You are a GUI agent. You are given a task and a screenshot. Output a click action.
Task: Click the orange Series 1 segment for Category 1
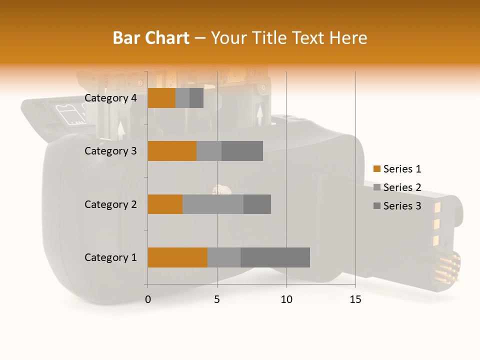pos(177,257)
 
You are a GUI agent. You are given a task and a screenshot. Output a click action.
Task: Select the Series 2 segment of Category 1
pos(224,257)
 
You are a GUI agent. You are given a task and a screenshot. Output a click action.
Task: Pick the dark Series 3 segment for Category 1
pos(275,257)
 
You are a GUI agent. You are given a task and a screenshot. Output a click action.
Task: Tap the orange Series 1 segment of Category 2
pos(165,204)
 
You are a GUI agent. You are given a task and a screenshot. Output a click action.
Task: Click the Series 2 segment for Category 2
pos(213,204)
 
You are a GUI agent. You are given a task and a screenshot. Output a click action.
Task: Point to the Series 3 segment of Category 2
pos(257,204)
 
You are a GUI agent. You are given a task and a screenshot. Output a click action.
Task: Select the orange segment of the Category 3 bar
pos(172,151)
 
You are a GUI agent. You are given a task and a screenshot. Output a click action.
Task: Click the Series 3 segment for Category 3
pos(242,151)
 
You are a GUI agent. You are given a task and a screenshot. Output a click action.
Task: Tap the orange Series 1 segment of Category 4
pos(161,98)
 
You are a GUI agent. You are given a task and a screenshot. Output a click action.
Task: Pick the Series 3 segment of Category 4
pos(196,98)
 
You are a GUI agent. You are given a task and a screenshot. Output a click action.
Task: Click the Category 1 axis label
pos(110,257)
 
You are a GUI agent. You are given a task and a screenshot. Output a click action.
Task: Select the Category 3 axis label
pos(110,151)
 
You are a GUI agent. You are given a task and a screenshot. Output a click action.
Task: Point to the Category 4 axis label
pos(110,98)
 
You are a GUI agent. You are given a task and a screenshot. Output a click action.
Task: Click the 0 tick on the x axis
pos(148,299)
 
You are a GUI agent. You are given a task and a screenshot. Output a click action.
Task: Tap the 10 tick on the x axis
pos(286,299)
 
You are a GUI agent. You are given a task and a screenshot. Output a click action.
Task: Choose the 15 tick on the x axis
pos(355,299)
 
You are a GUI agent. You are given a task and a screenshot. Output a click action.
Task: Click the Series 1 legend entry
pos(397,169)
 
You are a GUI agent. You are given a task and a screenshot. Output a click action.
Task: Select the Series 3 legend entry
pos(397,206)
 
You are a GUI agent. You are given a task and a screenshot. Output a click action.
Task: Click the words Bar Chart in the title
pos(151,37)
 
